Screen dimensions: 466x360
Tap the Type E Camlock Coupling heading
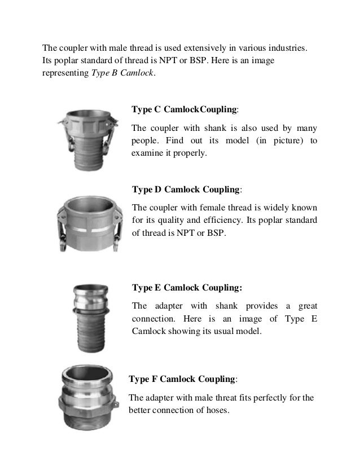tap(187, 288)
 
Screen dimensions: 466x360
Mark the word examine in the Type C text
tap(146, 152)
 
